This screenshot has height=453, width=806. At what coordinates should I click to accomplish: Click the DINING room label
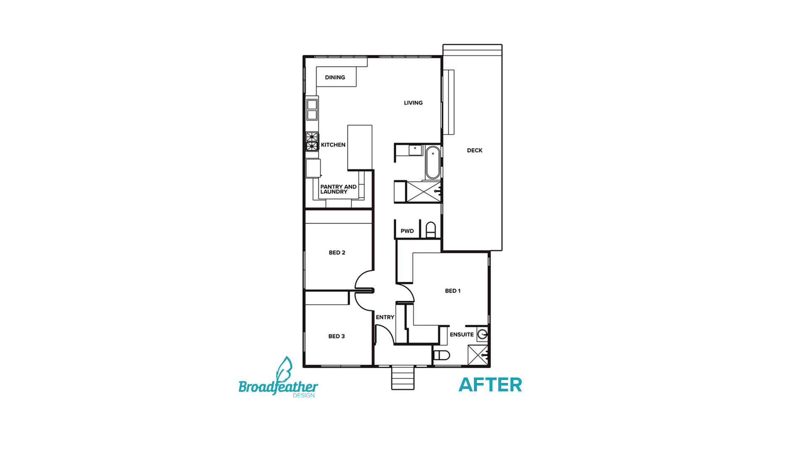335,78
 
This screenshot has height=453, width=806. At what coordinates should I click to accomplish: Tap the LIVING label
413,103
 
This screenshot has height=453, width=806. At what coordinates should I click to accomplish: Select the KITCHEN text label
333,145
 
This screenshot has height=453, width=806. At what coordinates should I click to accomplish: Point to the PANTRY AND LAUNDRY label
338,189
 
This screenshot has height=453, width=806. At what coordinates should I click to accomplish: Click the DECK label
474,151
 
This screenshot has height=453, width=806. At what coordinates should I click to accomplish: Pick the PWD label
407,231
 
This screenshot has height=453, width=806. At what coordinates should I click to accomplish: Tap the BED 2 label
337,253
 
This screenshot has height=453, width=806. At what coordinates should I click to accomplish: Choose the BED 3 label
336,336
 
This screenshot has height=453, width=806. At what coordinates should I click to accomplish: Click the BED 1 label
453,291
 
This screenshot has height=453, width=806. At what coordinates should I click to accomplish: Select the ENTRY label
385,318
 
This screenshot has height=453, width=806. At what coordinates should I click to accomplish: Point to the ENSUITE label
461,335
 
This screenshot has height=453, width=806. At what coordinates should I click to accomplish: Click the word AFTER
490,385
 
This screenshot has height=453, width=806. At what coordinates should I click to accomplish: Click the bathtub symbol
432,163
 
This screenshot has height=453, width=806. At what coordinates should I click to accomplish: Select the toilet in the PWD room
431,230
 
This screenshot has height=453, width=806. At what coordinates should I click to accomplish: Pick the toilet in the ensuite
441,355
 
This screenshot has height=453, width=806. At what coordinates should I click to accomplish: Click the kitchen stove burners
312,141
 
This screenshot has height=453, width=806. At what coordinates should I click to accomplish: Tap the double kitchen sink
312,109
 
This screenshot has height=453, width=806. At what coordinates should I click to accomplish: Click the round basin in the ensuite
483,334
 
